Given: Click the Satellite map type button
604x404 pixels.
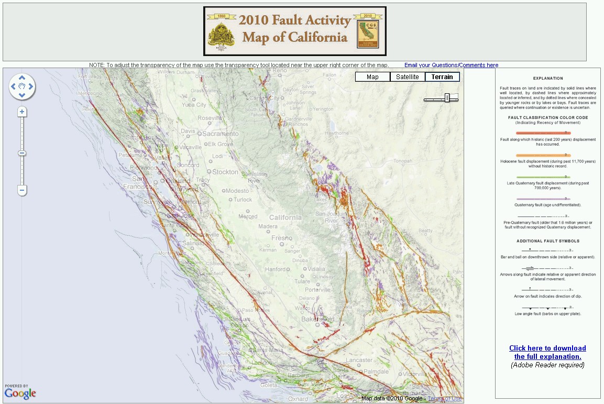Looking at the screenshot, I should coord(408,77).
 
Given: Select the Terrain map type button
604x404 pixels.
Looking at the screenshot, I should coord(442,77).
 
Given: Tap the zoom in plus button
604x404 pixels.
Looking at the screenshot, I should coord(22,112).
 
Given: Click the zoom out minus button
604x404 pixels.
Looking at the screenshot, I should coord(22,190).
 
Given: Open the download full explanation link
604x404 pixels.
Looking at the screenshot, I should coord(547,352).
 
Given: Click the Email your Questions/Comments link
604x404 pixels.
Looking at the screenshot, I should coord(451,65).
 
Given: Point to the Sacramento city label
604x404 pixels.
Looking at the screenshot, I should coord(221,134).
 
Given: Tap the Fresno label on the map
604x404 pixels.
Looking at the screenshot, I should coord(282,238).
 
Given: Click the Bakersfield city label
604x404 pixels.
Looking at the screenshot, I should coord(317,319).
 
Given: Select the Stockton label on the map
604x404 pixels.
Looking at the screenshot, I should coord(226,172).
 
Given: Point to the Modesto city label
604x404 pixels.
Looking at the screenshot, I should coord(237,191).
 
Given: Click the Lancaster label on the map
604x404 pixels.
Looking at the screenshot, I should coord(359,360).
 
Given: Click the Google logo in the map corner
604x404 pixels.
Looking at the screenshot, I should coord(20,394).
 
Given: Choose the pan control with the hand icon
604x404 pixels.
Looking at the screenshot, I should coord(22,86).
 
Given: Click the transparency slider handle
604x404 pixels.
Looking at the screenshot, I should coord(447,98).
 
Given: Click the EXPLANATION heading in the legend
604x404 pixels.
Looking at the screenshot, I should coord(547,79).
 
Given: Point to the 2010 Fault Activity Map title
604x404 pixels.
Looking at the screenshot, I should coord(294,29).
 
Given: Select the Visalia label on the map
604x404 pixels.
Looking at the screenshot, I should coord(316,269).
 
